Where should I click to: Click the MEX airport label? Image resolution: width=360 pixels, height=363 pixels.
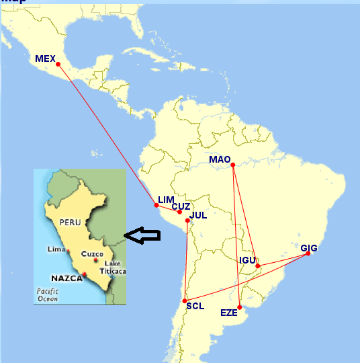click(45, 59)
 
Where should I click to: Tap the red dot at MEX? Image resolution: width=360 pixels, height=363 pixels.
click(58, 65)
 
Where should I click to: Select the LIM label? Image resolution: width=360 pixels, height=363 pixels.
click(166, 200)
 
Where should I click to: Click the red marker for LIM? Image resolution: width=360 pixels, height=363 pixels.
click(156, 206)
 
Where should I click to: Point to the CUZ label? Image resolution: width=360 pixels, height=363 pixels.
click(181, 207)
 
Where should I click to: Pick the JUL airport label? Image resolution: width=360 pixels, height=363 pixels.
click(198, 216)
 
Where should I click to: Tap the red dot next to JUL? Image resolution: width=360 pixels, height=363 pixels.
click(187, 220)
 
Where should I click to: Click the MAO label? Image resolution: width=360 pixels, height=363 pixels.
click(220, 159)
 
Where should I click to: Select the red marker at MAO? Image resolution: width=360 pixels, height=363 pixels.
click(232, 165)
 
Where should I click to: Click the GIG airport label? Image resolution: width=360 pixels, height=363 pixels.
click(309, 248)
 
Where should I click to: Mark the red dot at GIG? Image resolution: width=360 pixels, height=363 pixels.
click(308, 253)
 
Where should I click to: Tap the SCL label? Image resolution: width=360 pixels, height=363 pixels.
click(195, 306)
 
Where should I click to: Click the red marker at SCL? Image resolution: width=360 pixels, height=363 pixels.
click(185, 300)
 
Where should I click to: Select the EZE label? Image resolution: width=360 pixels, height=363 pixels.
click(228, 313)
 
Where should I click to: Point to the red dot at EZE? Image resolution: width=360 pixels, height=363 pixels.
click(240, 307)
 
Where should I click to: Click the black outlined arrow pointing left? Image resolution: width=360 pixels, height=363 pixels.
click(144, 235)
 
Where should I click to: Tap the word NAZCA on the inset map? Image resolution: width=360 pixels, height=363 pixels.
click(66, 277)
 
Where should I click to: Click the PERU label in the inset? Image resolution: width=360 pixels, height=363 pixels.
click(69, 221)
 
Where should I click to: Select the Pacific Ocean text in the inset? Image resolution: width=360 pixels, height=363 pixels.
click(48, 294)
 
